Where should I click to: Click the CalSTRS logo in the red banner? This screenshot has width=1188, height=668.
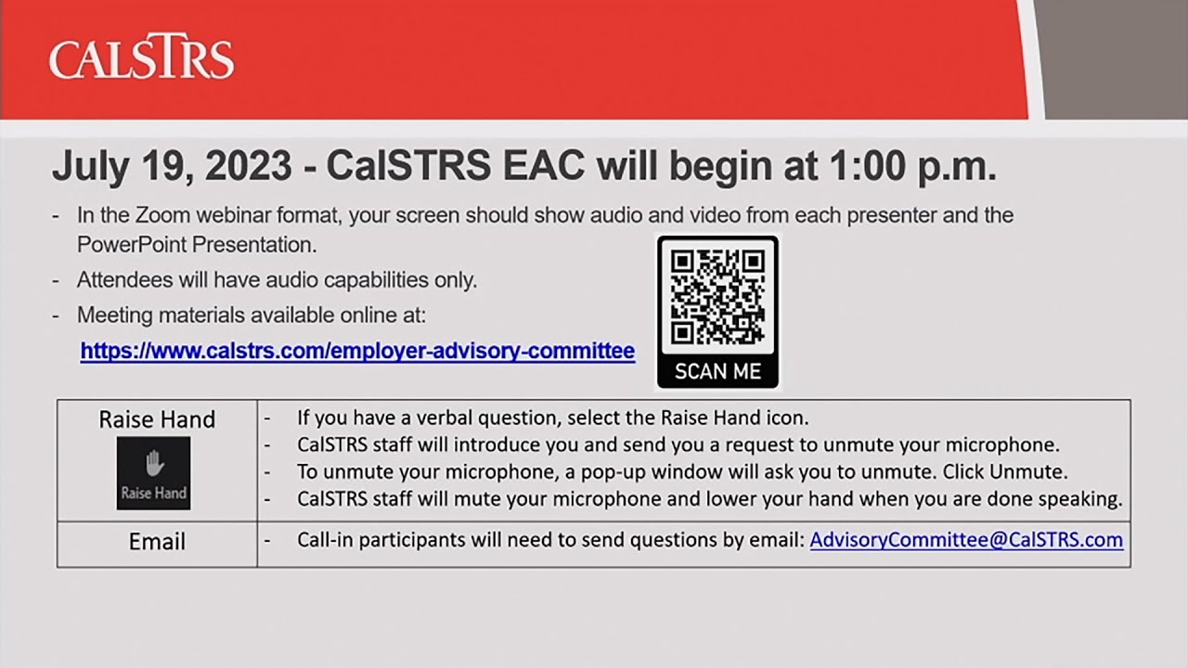click(x=141, y=59)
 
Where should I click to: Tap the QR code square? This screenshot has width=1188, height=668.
click(x=717, y=297)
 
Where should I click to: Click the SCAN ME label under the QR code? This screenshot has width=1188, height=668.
click(x=717, y=371)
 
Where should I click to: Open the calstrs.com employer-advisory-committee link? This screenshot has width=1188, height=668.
click(x=357, y=351)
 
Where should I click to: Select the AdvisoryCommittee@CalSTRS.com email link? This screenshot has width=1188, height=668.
click(x=966, y=540)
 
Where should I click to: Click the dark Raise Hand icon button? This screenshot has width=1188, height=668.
click(x=153, y=473)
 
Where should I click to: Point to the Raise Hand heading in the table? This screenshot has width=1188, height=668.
click(x=157, y=419)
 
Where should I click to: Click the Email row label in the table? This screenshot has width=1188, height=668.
click(x=157, y=542)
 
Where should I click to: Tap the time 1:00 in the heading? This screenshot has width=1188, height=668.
click(x=869, y=166)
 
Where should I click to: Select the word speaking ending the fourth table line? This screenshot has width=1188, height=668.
click(x=1081, y=499)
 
